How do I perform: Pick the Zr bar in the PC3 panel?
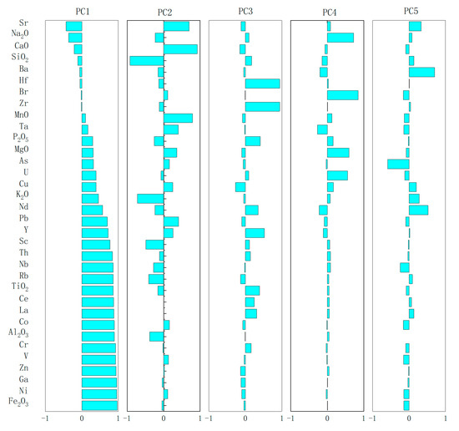pos(262,106)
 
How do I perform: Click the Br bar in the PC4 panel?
pos(342,94)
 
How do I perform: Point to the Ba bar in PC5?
pos(421,72)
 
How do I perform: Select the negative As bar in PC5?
pos(397,164)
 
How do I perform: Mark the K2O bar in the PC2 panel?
pos(150,198)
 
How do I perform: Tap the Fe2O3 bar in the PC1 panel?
pos(99,405)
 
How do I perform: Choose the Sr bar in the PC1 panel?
pos(73,26)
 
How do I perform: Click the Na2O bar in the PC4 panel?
pos(340,38)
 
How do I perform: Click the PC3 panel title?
pos(245,11)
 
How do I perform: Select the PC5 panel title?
pos(409,11)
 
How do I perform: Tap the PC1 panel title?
pos(82,11)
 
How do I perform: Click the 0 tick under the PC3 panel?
pos(245,420)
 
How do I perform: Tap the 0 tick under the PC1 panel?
pos(82,420)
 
